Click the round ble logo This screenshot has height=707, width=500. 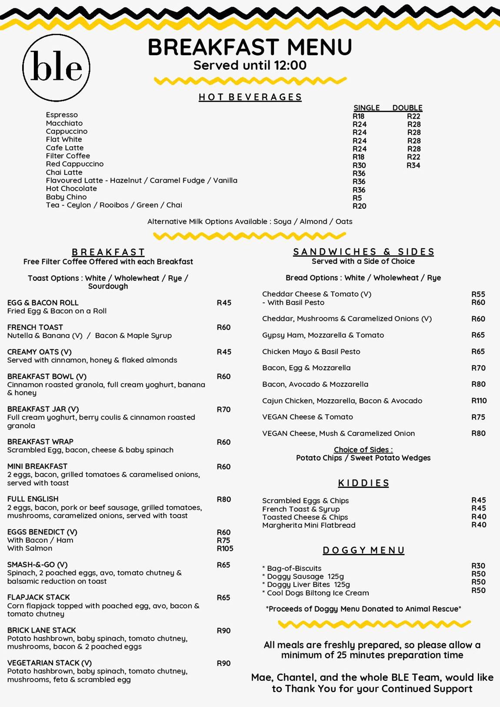coord(56,67)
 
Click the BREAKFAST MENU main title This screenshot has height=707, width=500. coord(250,47)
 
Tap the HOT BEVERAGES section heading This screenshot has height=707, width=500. coord(250,97)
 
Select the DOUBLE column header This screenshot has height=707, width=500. coord(407,108)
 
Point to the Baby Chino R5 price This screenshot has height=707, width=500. coord(357,198)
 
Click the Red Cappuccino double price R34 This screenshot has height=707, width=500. coord(413,165)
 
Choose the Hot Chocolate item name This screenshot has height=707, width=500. coord(71,189)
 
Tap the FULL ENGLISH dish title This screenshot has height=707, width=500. coord(33,499)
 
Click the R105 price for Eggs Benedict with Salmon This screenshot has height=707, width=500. coord(225,549)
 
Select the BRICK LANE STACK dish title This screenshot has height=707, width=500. coord(41,630)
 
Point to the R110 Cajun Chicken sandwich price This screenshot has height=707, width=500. coord(479,401)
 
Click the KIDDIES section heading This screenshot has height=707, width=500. coord(363,483)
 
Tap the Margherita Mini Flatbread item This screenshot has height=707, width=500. coord(309,525)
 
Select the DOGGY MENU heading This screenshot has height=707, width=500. coord(363,550)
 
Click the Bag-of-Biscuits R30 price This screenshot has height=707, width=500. coord(478,566)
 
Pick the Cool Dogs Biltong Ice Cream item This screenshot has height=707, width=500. coord(317,593)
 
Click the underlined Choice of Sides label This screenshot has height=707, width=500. coord(363,450)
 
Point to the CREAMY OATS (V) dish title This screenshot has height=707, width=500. coord(39,352)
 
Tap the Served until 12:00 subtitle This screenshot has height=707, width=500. coord(250,66)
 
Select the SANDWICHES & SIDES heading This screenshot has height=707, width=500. coord(363,252)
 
